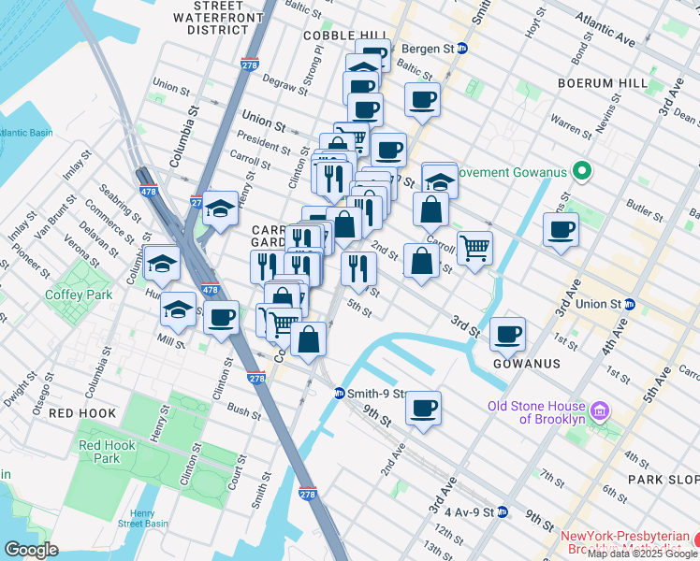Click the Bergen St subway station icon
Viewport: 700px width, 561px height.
coord(461,48)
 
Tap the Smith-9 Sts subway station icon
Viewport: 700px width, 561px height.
coord(339,394)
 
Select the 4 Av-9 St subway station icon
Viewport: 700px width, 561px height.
coord(503,511)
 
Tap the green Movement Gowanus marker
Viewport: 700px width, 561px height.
coord(581,171)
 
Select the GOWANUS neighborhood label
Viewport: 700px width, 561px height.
coord(526,363)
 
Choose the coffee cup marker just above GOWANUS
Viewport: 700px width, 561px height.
coord(507,334)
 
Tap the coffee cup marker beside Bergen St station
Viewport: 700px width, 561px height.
coord(421,99)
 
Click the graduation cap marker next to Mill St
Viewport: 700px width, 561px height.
coord(178,309)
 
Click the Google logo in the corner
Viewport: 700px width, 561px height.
coord(31,549)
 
